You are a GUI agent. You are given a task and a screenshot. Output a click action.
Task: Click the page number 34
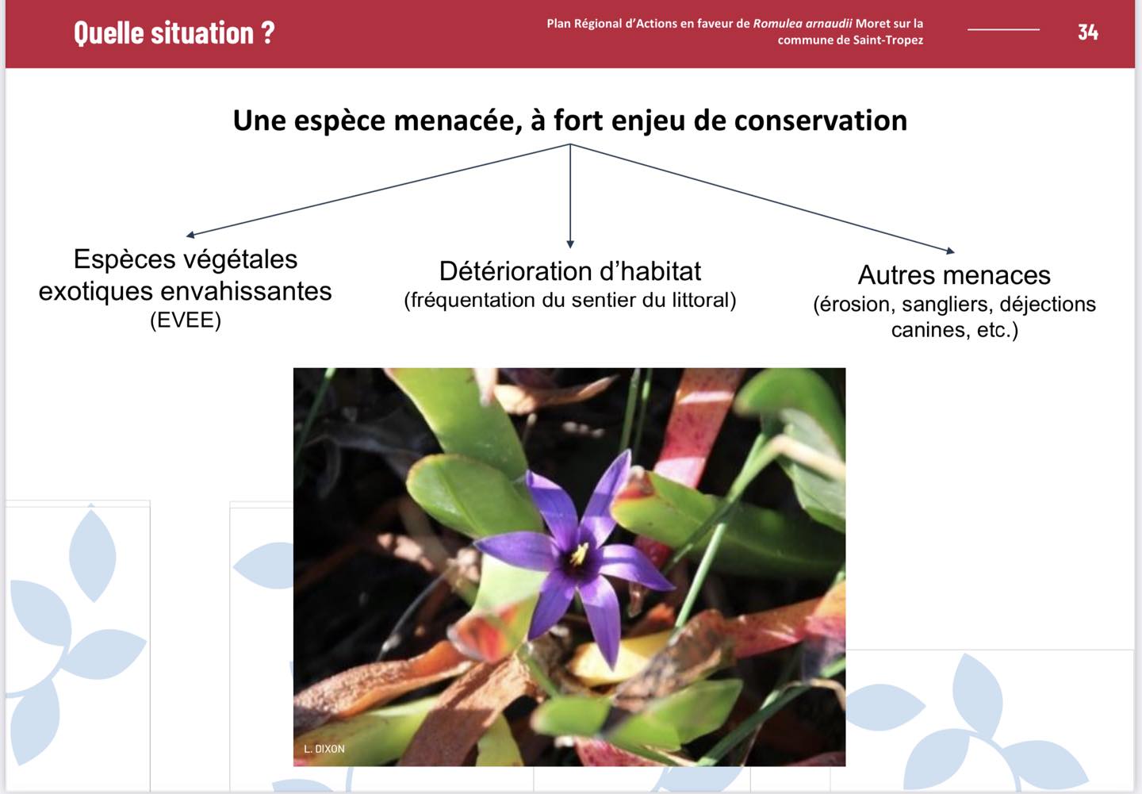pyautogui.click(x=1087, y=33)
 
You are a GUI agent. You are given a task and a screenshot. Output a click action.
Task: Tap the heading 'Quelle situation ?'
pyautogui.click(x=174, y=33)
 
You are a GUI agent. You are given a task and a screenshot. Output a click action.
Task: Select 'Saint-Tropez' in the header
pyautogui.click(x=888, y=40)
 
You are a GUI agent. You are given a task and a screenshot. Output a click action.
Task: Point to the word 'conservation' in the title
pyautogui.click(x=821, y=121)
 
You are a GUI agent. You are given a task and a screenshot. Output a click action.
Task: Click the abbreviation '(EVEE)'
pyautogui.click(x=186, y=320)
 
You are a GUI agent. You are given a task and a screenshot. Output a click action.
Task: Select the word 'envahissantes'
pyautogui.click(x=246, y=291)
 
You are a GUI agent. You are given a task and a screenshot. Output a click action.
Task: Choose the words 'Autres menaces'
pyautogui.click(x=954, y=275)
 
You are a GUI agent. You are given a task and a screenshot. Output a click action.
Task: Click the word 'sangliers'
pyautogui.click(x=947, y=305)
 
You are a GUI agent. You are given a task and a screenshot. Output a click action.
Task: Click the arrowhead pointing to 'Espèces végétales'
pyautogui.click(x=190, y=235)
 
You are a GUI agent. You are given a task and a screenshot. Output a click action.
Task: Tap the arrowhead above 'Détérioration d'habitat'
pyautogui.click(x=570, y=244)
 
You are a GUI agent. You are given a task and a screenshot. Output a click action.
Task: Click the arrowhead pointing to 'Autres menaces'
pyautogui.click(x=951, y=251)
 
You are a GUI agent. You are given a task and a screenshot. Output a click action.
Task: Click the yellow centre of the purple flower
pyautogui.click(x=579, y=554)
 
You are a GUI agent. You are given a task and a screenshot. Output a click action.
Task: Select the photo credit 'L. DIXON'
pyautogui.click(x=324, y=749)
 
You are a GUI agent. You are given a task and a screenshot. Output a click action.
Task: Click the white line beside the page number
pyautogui.click(x=1003, y=29)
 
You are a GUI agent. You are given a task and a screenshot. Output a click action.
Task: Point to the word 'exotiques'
pyautogui.click(x=96, y=291)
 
